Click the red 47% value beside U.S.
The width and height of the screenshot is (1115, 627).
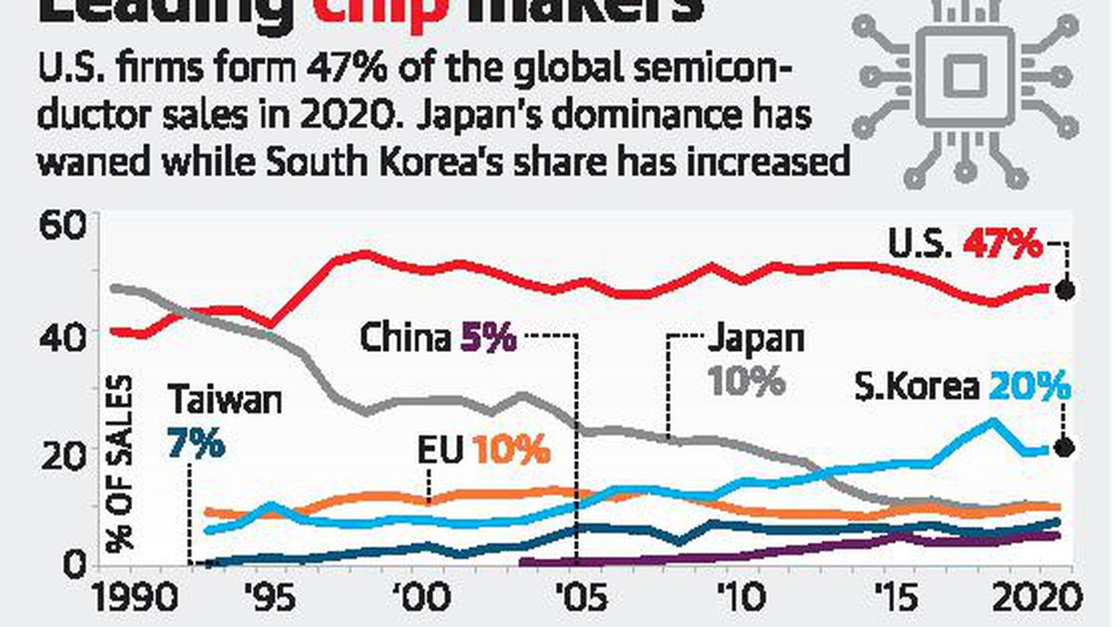[1004, 244]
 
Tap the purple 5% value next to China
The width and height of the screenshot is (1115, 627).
[488, 338]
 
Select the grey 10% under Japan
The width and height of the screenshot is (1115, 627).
[746, 381]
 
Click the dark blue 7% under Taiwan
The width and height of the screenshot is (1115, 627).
[196, 443]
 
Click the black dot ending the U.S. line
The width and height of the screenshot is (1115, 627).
[1066, 289]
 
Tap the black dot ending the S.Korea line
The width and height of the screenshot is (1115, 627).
[1066, 448]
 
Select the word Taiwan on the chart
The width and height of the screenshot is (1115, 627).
[224, 401]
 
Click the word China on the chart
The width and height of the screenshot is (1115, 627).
[404, 338]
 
